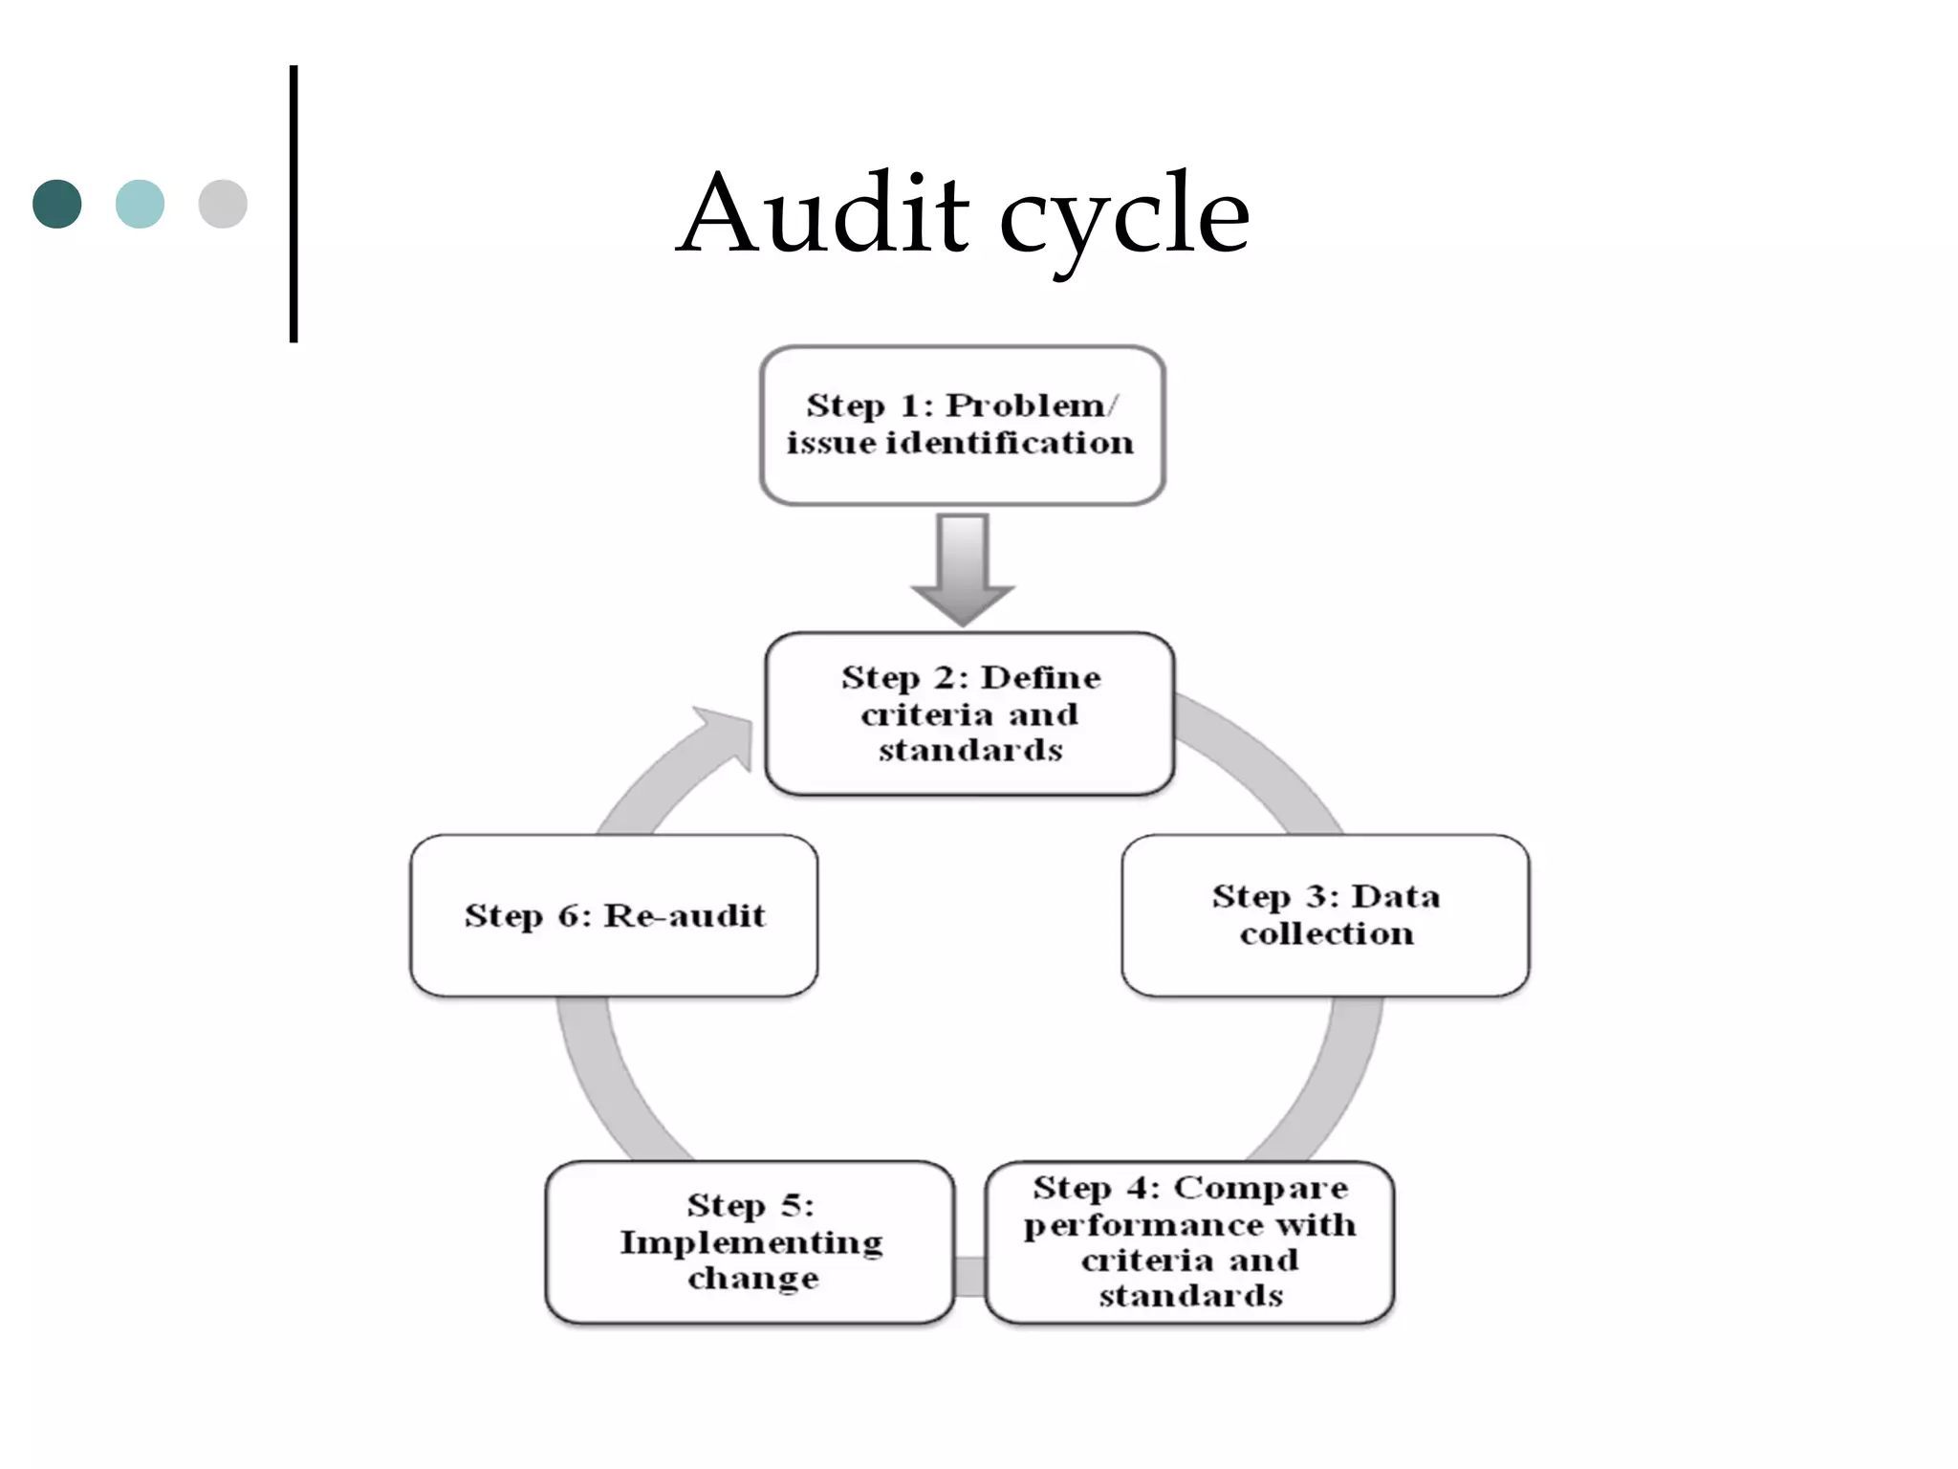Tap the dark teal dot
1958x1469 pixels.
57,204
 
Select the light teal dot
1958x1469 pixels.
140,204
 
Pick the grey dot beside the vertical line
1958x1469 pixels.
223,204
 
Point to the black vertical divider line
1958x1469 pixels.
294,203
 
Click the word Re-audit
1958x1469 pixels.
685,916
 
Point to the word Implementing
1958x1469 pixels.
751,1242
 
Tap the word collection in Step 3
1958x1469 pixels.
1326,933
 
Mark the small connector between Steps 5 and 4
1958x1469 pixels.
969,1277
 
